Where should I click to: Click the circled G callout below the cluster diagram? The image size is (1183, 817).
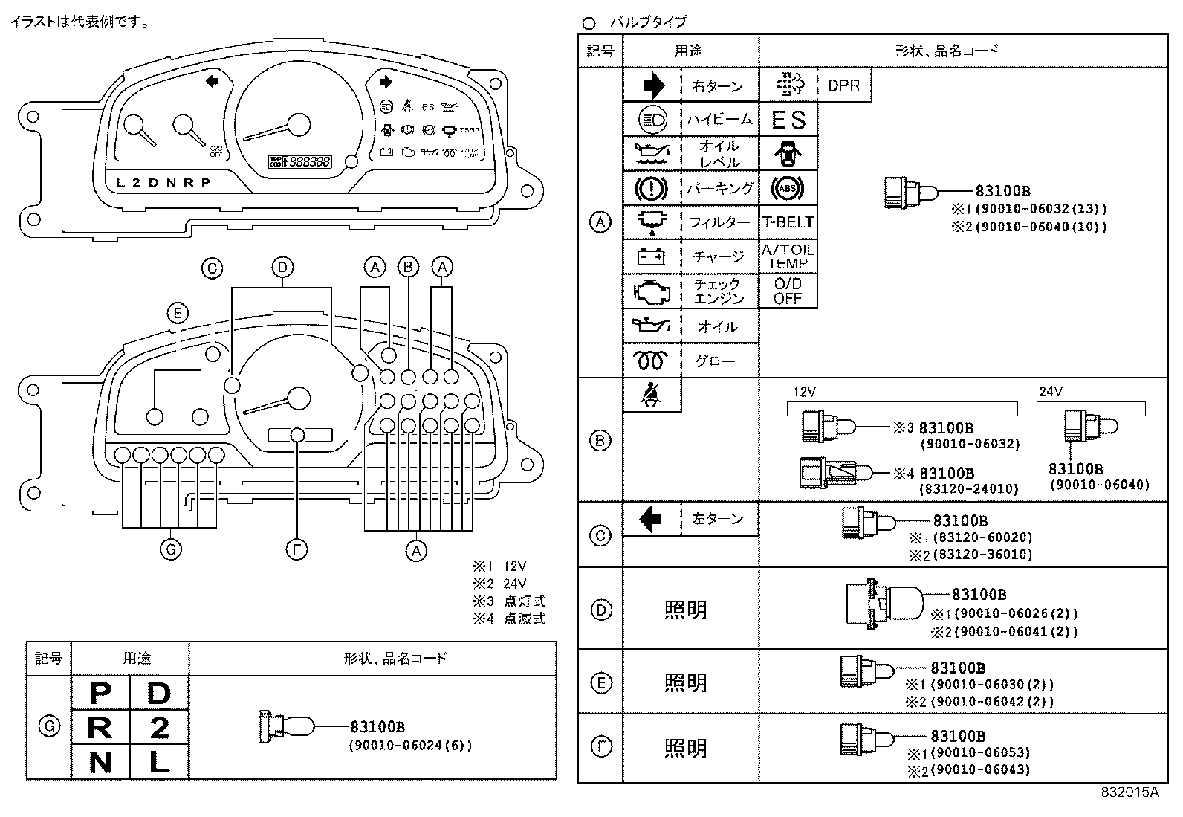coord(171,549)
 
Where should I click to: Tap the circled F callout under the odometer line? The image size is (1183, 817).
coord(296,549)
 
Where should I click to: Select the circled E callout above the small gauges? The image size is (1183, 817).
coord(177,313)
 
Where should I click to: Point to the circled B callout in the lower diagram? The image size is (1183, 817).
coord(408,267)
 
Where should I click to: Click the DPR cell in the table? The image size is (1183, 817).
coord(843,85)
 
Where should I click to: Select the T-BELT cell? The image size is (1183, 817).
coord(788,222)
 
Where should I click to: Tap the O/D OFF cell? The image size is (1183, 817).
coord(788,291)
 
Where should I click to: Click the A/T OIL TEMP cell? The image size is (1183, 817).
coord(788,256)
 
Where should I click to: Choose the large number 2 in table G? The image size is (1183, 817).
coord(159,728)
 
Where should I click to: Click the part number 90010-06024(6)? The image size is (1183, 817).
coord(410,745)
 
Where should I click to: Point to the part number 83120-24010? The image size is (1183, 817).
coord(969,489)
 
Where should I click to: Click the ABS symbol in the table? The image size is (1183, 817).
coord(788,188)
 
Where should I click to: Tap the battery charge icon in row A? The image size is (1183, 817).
coord(652,256)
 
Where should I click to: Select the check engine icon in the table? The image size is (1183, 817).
coord(652,291)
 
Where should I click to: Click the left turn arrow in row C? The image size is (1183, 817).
coord(651,519)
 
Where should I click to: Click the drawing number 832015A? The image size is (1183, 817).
coord(1129,792)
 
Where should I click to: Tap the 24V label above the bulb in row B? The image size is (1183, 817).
coord(1050,392)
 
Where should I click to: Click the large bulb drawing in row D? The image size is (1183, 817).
coord(884,601)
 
